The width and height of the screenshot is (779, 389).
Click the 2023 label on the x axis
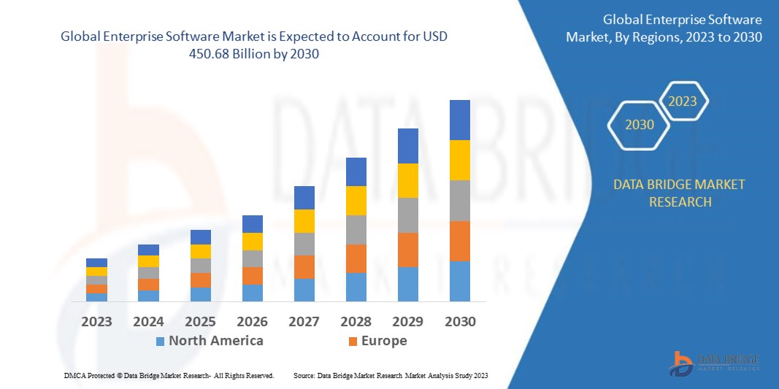click(x=96, y=322)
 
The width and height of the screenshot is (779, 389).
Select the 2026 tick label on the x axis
click(x=252, y=322)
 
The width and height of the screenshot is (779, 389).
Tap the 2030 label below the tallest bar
click(x=460, y=322)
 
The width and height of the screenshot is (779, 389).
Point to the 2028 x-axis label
click(x=356, y=322)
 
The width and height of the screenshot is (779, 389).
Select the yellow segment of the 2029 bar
click(x=408, y=180)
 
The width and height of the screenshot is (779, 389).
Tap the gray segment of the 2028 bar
click(x=356, y=229)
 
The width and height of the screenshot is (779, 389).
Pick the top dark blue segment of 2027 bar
click(x=304, y=198)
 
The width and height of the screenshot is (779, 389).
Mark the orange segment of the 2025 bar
click(x=200, y=280)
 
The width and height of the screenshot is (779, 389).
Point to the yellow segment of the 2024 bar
click(x=148, y=261)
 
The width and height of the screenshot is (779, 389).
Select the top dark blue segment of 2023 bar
click(x=96, y=263)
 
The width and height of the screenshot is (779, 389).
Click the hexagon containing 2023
click(x=683, y=101)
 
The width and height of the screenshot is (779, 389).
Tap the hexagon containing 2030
click(x=640, y=125)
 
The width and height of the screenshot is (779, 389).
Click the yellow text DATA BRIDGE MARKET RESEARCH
click(x=680, y=193)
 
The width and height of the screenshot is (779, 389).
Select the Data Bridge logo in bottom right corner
click(x=715, y=363)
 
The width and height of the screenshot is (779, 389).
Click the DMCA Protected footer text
click(x=169, y=375)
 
